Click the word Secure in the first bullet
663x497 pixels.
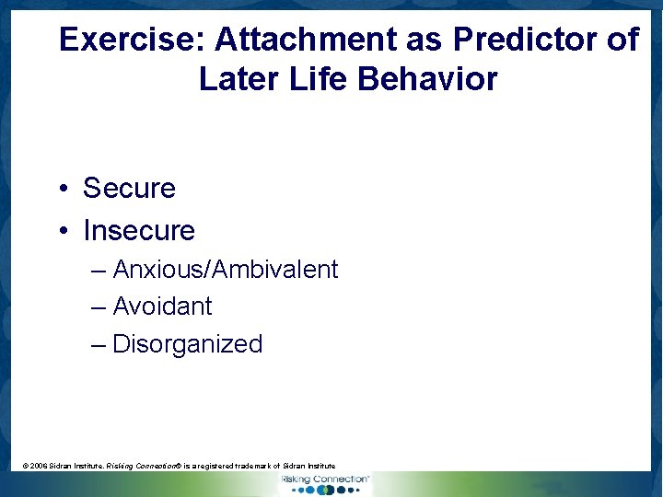[x=129, y=188]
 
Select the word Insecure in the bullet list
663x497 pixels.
[x=139, y=230]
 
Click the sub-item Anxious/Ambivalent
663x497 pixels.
[x=226, y=270]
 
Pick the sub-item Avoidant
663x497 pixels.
[x=162, y=306]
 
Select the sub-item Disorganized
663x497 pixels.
[x=188, y=344]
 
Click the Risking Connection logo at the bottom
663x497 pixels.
[x=325, y=483]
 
